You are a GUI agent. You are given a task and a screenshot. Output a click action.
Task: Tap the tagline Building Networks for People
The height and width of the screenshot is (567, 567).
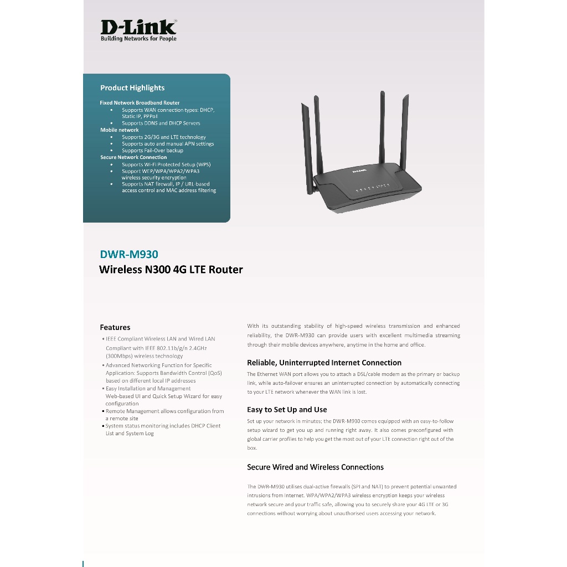point(138,39)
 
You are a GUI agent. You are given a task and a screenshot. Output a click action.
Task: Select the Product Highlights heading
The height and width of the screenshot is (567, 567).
point(132,88)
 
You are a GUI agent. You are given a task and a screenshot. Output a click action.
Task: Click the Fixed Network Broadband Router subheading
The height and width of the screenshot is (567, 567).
point(140,102)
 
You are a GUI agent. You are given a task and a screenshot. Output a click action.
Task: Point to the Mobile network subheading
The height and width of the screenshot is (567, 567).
point(120,130)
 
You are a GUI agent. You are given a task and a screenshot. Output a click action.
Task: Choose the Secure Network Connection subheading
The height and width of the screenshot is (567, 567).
point(133,157)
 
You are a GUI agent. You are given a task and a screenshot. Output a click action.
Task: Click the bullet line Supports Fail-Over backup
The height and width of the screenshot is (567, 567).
point(152,151)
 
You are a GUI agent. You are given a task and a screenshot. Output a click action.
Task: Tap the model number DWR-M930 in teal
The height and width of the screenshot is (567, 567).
point(129,254)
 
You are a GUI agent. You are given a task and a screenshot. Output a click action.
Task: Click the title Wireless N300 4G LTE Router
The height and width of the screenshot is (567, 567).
point(171,270)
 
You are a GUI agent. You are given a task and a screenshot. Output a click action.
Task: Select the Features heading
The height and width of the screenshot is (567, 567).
point(115,327)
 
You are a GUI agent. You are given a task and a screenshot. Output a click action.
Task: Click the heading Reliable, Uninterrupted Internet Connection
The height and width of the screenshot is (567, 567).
point(324,363)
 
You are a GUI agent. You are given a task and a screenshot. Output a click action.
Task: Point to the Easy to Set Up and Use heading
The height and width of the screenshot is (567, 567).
point(287,410)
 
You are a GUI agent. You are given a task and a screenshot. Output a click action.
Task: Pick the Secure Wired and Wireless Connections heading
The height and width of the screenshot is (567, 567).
point(315,467)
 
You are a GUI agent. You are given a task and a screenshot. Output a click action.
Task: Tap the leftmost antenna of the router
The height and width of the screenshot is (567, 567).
point(307,148)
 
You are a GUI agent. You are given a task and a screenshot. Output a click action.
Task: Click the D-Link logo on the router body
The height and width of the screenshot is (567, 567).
point(359,171)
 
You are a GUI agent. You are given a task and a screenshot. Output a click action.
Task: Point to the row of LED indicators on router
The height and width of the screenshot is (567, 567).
point(373,187)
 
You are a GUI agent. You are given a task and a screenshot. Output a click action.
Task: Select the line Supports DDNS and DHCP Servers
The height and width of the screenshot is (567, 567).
point(161,123)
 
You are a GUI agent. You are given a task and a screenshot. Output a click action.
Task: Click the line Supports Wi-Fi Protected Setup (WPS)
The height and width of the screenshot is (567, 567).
point(166,164)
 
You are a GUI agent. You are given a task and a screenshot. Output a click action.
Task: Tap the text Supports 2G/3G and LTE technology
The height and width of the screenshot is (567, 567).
point(164,137)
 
